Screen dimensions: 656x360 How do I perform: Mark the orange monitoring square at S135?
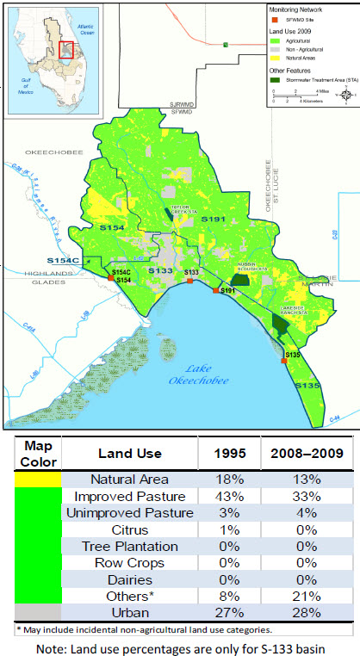tap(283, 361)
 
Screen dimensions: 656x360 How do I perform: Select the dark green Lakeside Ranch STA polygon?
tap(280, 323)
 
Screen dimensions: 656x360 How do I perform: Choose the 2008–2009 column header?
tap(308, 453)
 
